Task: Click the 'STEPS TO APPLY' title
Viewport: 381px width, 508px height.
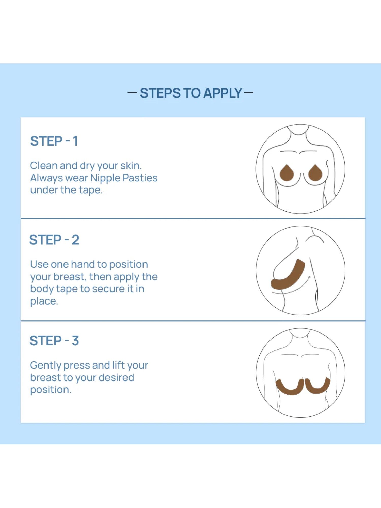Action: click(191, 93)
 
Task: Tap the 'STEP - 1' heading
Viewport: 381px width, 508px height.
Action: click(54, 141)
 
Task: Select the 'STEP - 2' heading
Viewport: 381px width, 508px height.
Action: click(54, 240)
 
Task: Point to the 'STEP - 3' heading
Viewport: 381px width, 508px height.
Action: click(54, 341)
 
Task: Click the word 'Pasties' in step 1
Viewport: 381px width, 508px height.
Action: click(140, 178)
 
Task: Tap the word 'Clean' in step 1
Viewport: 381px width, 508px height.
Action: click(44, 166)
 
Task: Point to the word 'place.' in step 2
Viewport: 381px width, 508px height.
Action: click(44, 301)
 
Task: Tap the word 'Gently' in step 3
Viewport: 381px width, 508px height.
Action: click(46, 366)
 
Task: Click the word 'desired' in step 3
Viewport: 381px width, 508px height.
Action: click(116, 378)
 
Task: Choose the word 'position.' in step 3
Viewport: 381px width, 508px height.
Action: click(51, 390)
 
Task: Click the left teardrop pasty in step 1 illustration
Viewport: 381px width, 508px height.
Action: click(287, 173)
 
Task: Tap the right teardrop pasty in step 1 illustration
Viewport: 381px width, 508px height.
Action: click(315, 173)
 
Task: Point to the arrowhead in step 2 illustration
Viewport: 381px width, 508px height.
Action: click(309, 277)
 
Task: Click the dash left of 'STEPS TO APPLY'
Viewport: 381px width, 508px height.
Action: click(132, 93)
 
